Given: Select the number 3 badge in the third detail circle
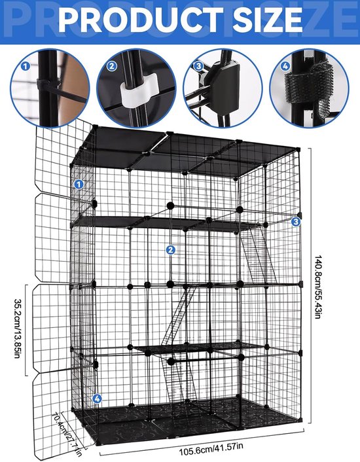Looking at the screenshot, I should (198, 66).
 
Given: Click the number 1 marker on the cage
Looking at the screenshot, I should (79, 185).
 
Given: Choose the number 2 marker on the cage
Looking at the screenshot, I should (170, 249).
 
